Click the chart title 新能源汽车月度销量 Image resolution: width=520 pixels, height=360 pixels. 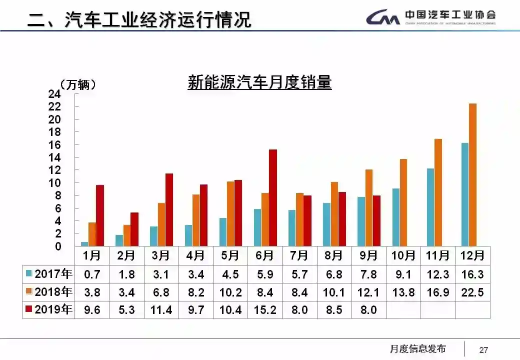click(259, 82)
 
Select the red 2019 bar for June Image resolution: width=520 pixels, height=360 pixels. click(272, 197)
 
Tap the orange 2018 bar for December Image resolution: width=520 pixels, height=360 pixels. click(472, 175)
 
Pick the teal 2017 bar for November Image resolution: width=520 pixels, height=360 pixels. click(430, 207)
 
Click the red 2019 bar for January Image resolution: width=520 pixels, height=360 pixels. click(100, 215)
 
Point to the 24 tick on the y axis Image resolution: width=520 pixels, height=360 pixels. click(54, 94)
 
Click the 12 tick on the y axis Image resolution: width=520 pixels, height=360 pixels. click(54, 170)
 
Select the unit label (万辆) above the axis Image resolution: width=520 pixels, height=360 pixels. click(77, 85)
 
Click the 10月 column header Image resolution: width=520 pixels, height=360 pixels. click(403, 255)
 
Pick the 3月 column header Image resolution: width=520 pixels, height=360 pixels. click(161, 255)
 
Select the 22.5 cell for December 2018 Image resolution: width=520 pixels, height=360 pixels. click(472, 292)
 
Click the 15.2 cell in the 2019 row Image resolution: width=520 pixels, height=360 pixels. click(264, 310)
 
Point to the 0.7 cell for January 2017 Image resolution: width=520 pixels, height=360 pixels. click(92, 274)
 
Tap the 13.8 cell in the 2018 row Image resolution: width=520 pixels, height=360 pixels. click(403, 292)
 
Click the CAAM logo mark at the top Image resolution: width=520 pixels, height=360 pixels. click(383, 18)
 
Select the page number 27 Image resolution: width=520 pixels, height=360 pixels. click(483, 349)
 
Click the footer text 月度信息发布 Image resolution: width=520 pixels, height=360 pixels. click(417, 349)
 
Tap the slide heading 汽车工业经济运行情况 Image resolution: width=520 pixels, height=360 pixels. click(158, 20)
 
